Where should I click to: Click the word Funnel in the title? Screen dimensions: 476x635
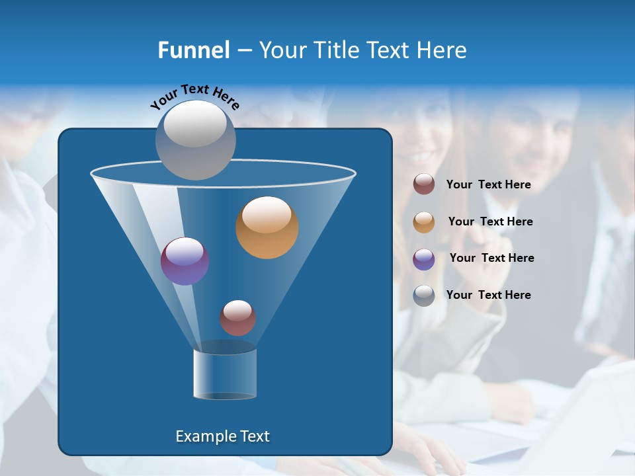tap(193, 50)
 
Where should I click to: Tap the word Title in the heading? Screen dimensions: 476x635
tap(336, 50)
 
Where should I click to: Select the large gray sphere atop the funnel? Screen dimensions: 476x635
tap(196, 139)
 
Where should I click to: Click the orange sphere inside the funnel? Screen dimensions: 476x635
tap(267, 227)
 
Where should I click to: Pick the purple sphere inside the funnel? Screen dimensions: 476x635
tap(185, 261)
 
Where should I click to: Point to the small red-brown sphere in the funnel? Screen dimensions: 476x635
tap(237, 318)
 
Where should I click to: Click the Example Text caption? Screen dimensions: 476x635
tap(223, 436)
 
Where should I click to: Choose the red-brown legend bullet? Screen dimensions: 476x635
tap(424, 184)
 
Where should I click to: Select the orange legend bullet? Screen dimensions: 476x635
tap(424, 222)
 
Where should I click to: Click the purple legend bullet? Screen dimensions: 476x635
tap(424, 258)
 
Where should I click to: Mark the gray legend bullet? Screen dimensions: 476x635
tap(424, 296)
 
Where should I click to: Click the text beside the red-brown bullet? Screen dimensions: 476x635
tap(489, 185)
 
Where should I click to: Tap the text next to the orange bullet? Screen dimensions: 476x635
tap(490, 222)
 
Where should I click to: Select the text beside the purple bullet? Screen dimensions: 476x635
tap(491, 258)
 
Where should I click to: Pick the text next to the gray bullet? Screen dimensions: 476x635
tap(489, 296)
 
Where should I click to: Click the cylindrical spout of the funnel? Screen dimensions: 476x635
tap(225, 374)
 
